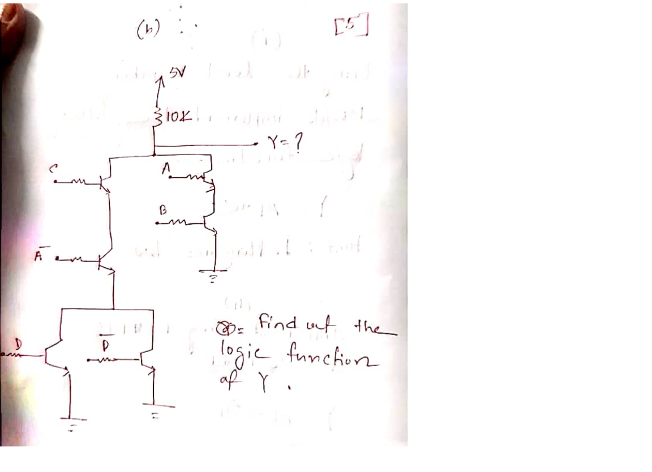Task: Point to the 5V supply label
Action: pyautogui.click(x=183, y=74)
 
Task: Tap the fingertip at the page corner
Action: pyautogui.click(x=11, y=23)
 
